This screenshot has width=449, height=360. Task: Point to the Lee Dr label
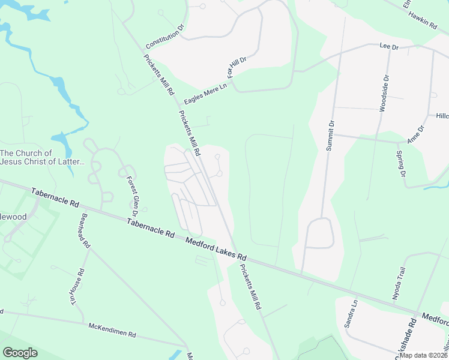(x=389, y=46)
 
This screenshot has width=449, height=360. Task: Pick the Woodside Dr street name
(x=384, y=94)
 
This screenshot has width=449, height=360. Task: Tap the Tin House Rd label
(x=78, y=287)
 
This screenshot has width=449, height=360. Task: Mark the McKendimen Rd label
(x=112, y=331)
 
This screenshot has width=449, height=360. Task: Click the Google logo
(x=20, y=353)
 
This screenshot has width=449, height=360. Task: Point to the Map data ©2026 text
(x=422, y=355)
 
